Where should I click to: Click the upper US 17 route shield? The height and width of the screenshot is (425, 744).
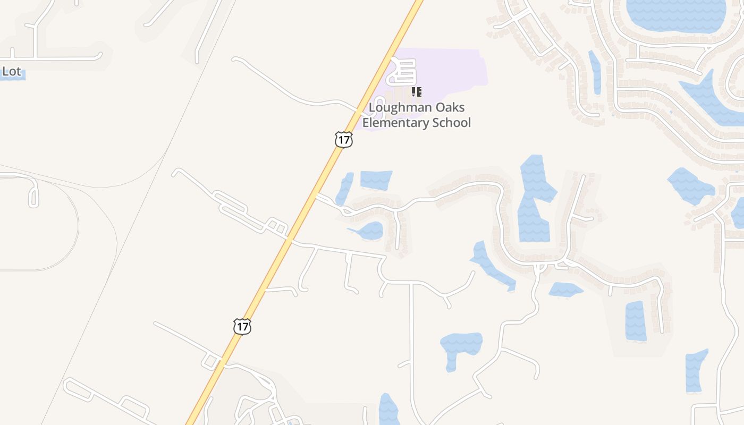[x=344, y=140]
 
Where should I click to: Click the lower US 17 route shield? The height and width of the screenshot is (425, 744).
[x=242, y=326]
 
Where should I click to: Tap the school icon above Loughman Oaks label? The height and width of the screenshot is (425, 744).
[x=417, y=92]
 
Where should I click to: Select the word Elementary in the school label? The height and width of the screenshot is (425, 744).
[x=396, y=123]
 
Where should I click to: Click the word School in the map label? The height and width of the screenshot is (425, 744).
[x=452, y=123]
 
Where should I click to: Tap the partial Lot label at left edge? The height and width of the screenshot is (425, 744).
[x=12, y=71]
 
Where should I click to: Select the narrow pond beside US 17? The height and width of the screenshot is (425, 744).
[x=344, y=188]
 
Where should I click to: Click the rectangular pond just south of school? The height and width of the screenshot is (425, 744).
[x=376, y=180]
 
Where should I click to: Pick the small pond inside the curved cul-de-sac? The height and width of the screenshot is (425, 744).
[x=370, y=231]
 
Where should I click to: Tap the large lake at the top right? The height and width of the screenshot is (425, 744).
[x=675, y=15]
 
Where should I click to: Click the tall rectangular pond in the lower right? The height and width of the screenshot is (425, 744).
[x=636, y=321]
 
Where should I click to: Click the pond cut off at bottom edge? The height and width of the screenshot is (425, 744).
[x=388, y=411]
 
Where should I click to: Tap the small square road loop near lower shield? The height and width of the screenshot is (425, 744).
[x=210, y=361]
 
